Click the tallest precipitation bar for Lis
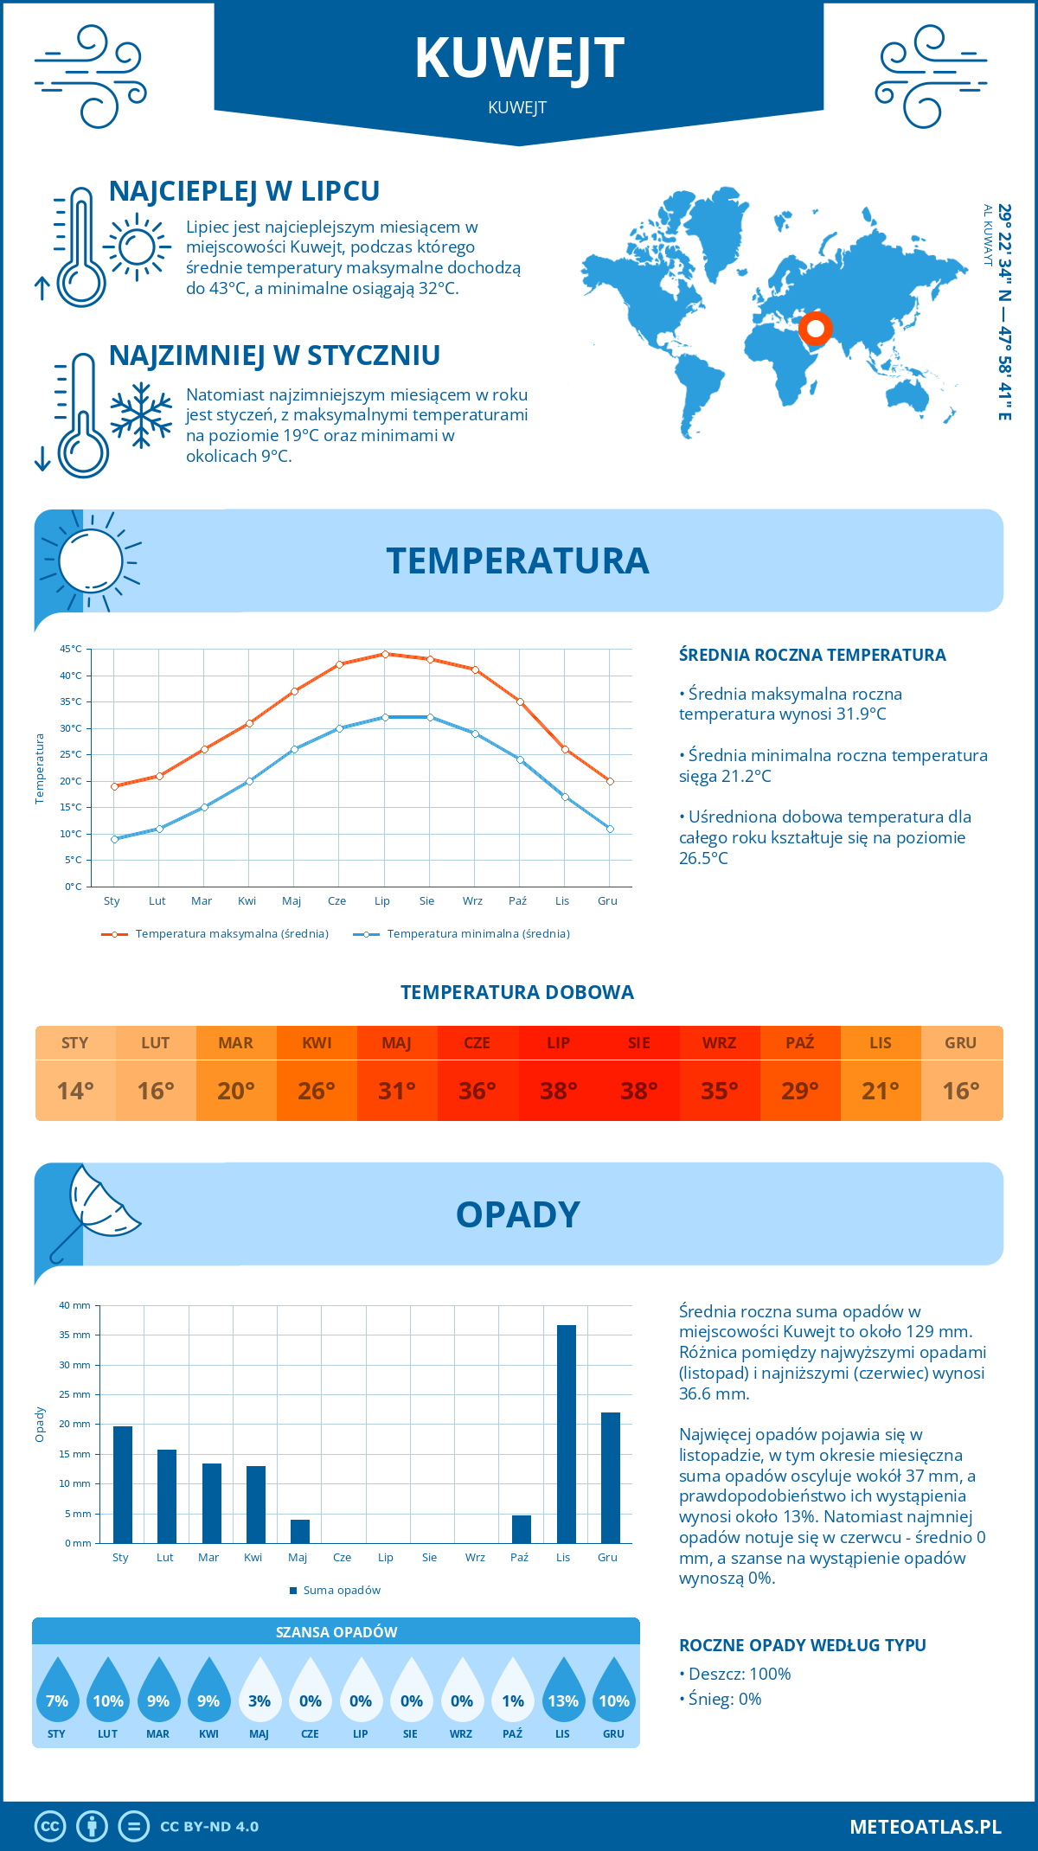point(566,1433)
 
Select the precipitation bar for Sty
point(123,1484)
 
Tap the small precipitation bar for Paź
point(521,1528)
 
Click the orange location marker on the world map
point(815,329)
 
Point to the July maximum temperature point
point(385,654)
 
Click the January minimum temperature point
point(114,839)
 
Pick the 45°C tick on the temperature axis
point(71,649)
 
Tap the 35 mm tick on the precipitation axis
point(74,1335)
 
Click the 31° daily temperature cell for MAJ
point(397,1091)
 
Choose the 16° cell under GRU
point(961,1091)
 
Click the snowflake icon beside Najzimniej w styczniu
point(141,416)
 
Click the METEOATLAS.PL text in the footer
point(925,1827)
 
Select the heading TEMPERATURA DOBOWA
point(517,992)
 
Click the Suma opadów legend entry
point(342,1591)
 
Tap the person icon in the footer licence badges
point(92,1827)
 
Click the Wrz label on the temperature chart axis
point(472,901)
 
